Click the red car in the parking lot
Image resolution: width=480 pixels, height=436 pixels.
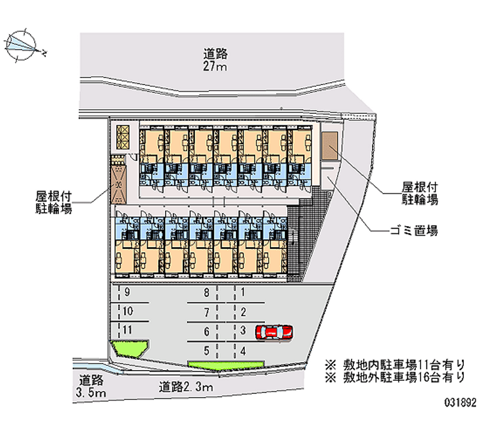(274, 332)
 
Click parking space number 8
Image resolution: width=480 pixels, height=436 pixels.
(206, 293)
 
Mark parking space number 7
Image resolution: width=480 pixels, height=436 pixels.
(206, 312)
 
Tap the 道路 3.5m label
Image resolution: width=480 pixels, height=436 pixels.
(92, 386)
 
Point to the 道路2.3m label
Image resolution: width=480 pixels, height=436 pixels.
(187, 387)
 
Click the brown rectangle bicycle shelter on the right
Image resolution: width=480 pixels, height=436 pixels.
(329, 147)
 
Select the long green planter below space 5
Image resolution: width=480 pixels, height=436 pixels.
(226, 365)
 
